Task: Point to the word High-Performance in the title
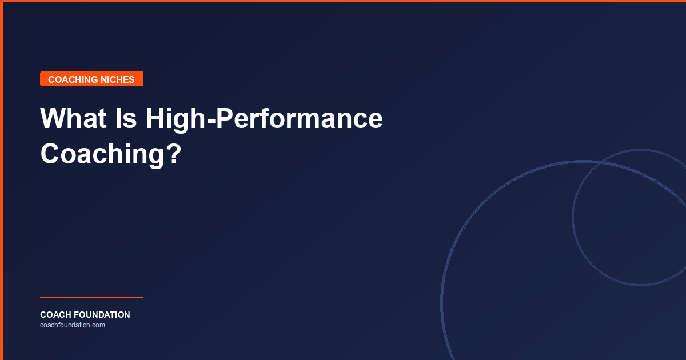click(264, 119)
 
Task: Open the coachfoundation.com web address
click(73, 325)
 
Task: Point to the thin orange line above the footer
click(91, 298)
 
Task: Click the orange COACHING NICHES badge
click(91, 79)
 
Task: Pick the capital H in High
click(156, 119)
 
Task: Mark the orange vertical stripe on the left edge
click(2, 180)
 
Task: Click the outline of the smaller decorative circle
click(573, 217)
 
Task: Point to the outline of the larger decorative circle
click(442, 303)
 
